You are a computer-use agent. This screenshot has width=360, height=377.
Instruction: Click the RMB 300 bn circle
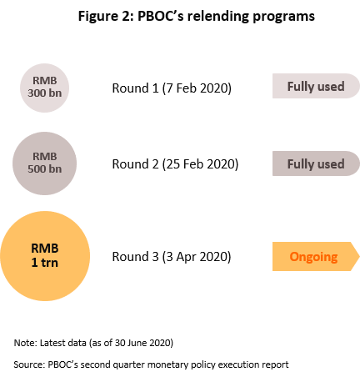44,88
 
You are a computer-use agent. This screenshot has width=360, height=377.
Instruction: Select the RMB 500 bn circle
44,163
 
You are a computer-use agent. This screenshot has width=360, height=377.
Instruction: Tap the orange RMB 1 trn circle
45,256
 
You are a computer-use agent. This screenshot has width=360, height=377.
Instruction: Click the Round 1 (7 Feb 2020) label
172,88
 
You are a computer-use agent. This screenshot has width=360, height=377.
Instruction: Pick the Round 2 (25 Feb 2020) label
175,164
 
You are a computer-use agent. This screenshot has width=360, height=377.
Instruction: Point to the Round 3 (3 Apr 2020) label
172,257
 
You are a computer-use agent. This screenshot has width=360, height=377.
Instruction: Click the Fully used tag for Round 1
316,86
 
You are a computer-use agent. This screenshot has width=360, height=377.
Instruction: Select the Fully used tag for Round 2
316,163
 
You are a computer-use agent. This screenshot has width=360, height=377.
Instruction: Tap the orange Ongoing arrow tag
316,256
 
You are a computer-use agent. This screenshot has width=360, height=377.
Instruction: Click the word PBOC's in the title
161,16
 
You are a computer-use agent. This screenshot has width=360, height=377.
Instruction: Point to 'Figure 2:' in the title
106,17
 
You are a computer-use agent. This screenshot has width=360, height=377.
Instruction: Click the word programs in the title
283,17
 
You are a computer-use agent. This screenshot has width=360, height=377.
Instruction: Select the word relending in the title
218,17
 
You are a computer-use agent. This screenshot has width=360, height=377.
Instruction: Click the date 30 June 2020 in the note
142,343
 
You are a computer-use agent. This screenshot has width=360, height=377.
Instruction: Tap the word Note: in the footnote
25,343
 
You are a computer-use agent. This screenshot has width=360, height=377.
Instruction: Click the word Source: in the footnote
29,364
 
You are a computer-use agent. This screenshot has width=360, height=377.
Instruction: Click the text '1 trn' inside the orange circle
45,263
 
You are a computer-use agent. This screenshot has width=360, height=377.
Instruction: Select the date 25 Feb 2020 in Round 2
201,163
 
